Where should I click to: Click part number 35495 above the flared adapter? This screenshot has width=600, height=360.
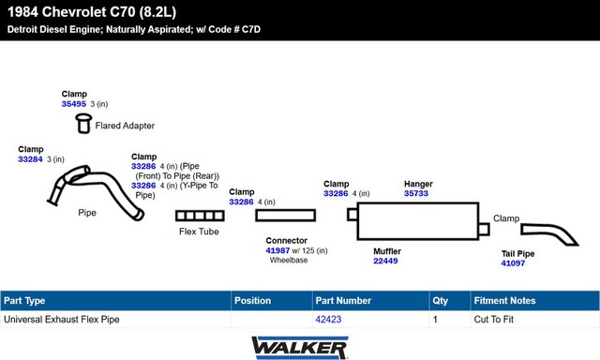pos(74,104)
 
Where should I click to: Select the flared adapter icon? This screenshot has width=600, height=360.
pos(83,123)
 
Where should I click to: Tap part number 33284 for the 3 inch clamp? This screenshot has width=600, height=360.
pos(30,159)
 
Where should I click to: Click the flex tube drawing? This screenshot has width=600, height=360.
pos(200,216)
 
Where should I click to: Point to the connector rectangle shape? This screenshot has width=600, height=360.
pos(285,216)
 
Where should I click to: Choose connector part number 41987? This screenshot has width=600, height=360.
pos(277,250)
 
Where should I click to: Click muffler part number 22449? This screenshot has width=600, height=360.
pos(385,261)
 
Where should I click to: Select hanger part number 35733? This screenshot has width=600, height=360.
pos(416,193)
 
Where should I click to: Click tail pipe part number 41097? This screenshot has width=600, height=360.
pos(513,263)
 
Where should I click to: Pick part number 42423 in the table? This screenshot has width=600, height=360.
pos(328,320)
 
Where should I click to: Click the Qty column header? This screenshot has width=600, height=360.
pos(440,301)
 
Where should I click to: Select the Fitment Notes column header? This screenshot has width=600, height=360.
pos(504,301)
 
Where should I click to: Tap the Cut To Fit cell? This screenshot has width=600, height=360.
pos(494,320)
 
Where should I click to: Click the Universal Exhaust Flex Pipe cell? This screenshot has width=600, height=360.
pos(62,320)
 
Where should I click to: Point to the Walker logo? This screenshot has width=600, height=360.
pos(300,348)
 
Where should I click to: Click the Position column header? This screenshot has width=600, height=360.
pos(252,301)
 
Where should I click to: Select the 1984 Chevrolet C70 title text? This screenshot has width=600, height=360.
pos(92,12)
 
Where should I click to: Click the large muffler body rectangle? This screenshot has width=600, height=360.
pos(418,221)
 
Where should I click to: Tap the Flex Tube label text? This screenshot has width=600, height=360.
pos(199,232)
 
